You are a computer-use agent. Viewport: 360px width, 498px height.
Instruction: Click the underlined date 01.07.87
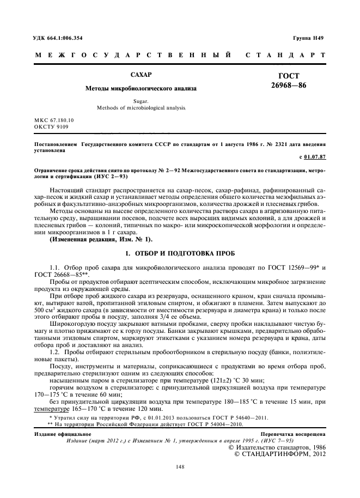(x=316, y=157)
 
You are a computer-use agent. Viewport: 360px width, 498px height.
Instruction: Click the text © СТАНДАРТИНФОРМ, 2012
(x=280, y=452)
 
